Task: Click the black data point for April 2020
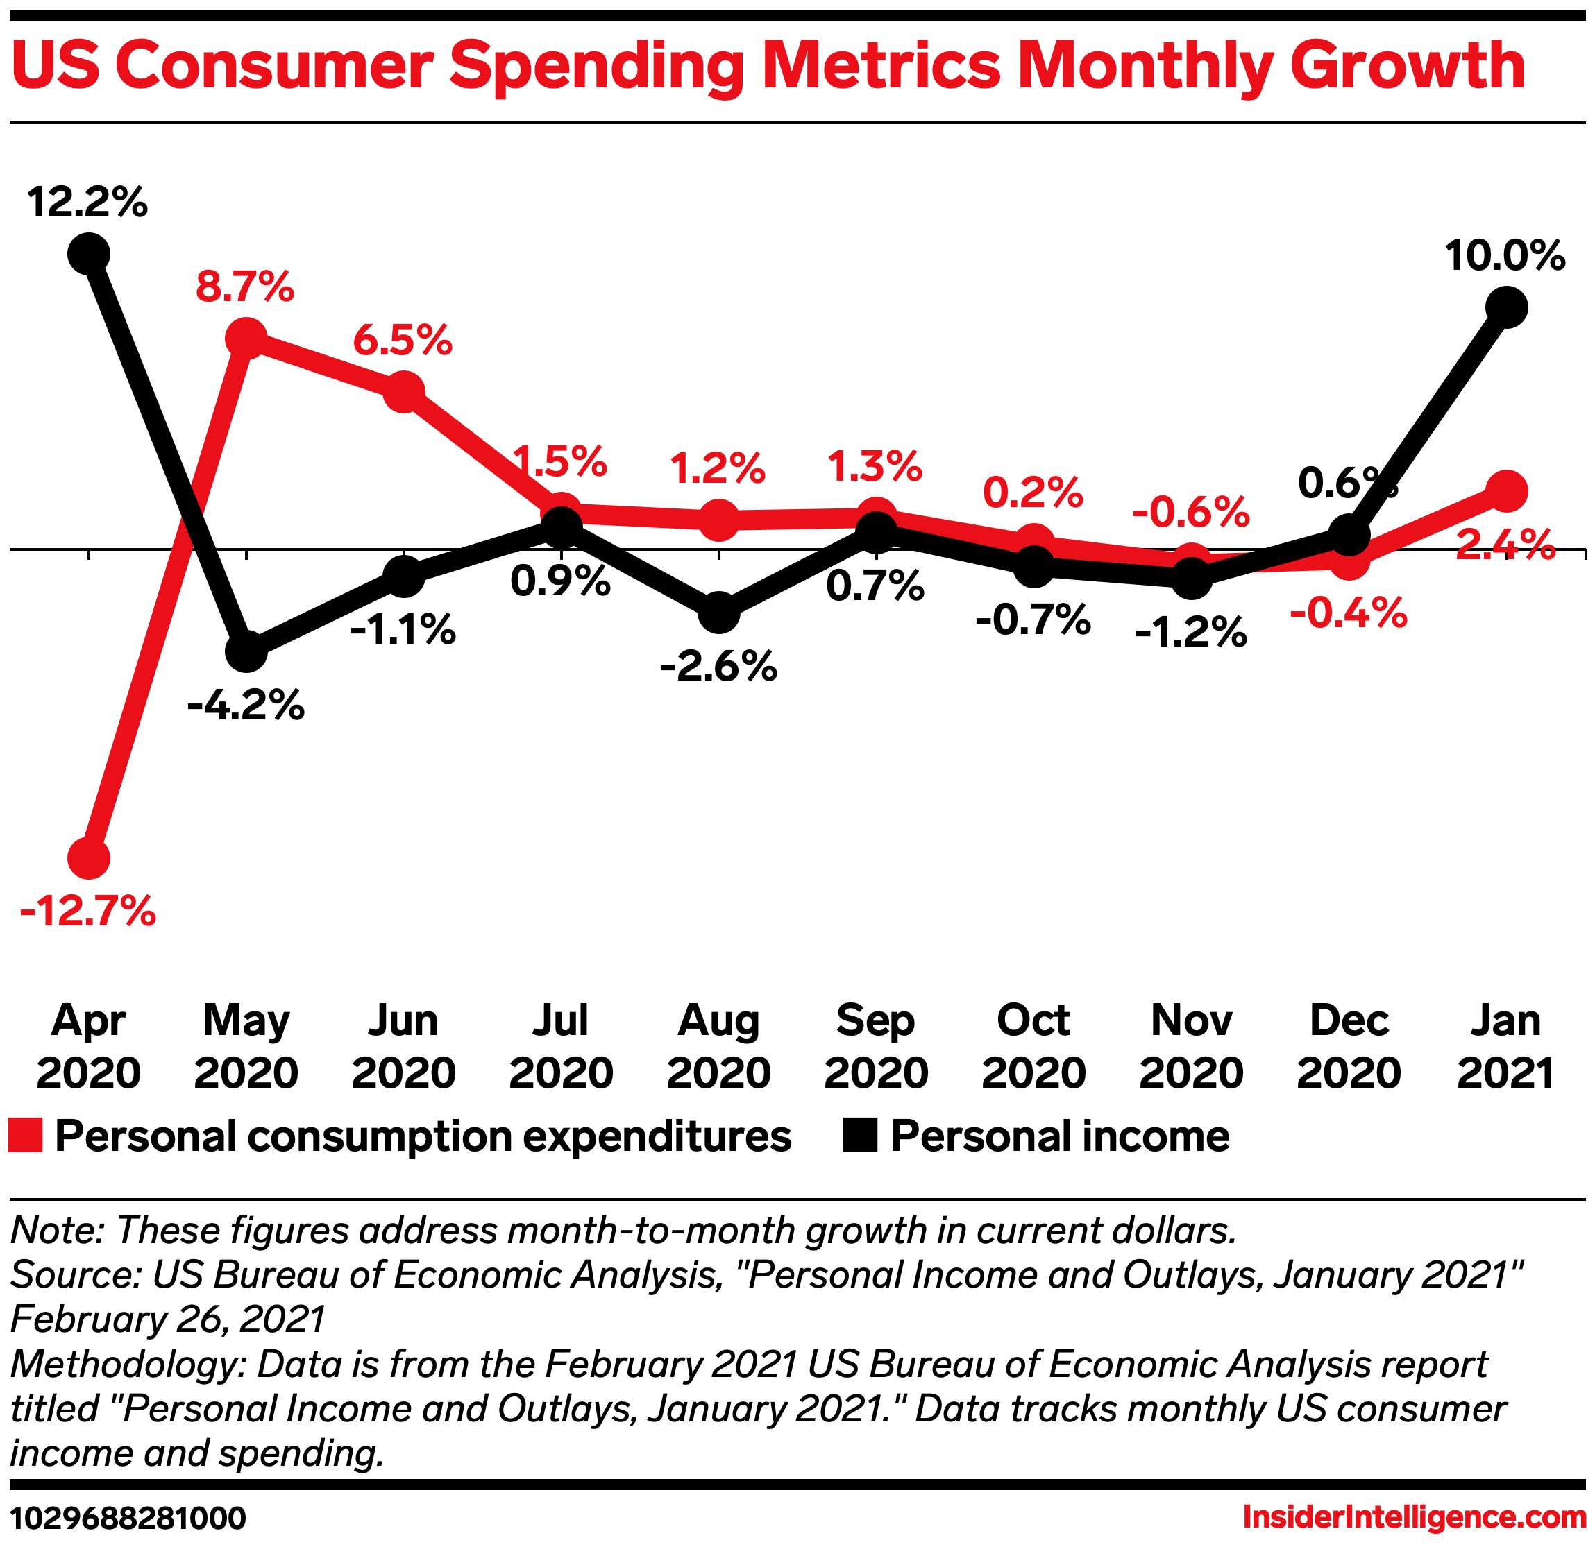[x=89, y=253]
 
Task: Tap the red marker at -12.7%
[x=89, y=858]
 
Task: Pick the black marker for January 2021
[x=1506, y=307]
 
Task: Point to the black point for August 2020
[x=718, y=612]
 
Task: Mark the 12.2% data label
[x=88, y=202]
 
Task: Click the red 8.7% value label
[x=245, y=287]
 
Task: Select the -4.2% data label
[x=246, y=706]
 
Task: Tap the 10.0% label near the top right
[x=1505, y=255]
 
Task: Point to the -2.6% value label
[x=718, y=667]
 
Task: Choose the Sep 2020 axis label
[x=876, y=1046]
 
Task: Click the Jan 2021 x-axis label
[x=1505, y=1046]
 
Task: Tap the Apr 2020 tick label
[x=89, y=1046]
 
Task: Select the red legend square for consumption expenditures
[x=25, y=1136]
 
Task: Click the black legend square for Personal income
[x=859, y=1136]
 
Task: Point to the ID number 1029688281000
[x=128, y=1519]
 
